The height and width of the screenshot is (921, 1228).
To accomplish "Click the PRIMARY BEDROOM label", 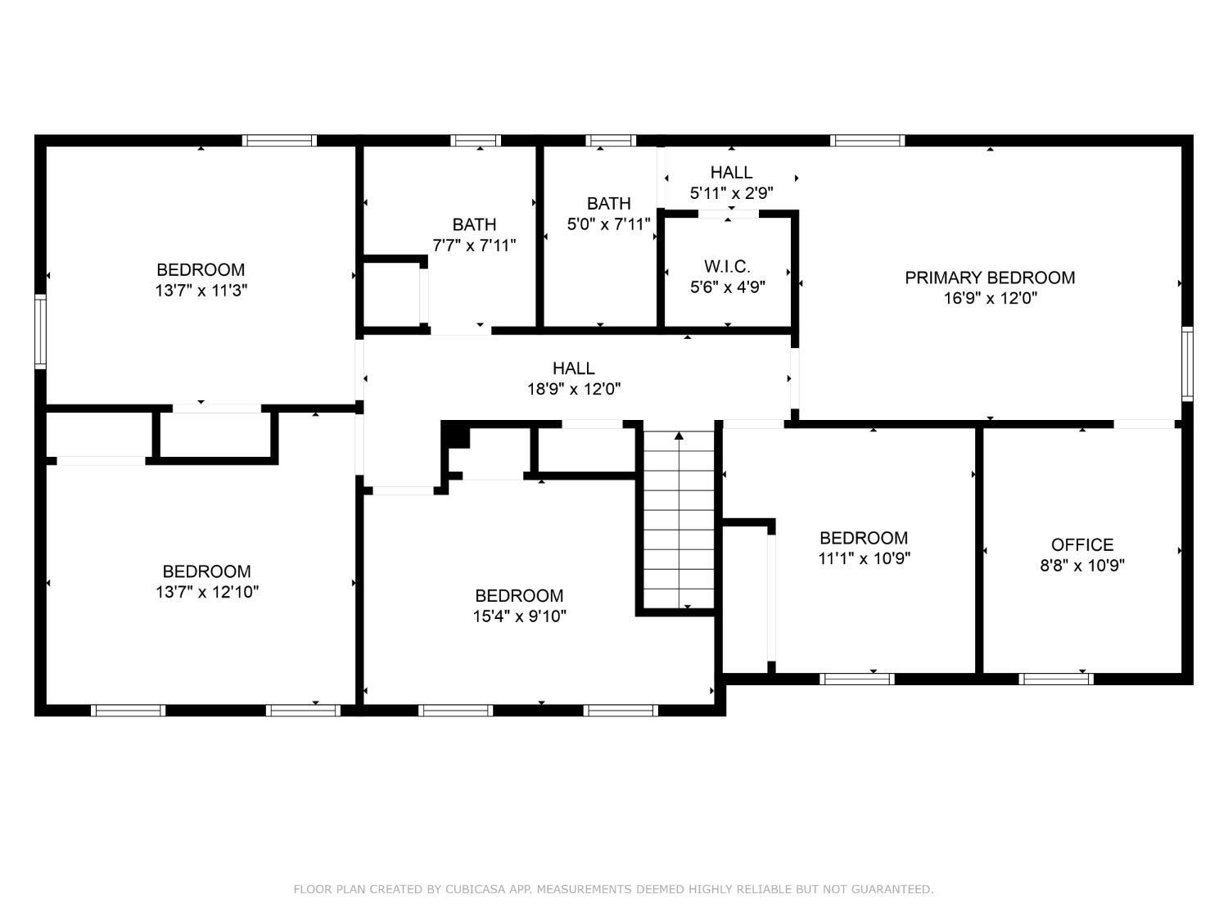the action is tap(989, 278).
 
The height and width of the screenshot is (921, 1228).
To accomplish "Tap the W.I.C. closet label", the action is tap(727, 266).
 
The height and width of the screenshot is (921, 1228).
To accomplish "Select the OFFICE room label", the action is tap(1081, 544).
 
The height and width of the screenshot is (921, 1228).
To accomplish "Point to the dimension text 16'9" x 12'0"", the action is tap(990, 298).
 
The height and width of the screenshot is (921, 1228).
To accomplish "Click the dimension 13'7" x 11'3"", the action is tap(201, 291).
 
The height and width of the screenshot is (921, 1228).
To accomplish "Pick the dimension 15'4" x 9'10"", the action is tap(519, 616).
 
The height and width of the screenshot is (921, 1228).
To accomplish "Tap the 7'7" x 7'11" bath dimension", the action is tap(474, 246).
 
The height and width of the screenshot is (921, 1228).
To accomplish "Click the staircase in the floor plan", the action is tap(679, 520).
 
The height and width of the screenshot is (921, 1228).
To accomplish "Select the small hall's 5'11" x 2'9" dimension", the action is tap(731, 193).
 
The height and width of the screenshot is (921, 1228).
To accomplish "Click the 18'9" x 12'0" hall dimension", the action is tap(573, 389).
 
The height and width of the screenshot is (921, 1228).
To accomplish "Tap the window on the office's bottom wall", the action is tap(1055, 679).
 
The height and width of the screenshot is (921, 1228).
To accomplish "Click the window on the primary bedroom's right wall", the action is tap(1186, 364).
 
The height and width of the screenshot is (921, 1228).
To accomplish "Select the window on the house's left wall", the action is tap(40, 332).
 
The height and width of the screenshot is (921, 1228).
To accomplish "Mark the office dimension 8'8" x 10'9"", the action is tap(1081, 566).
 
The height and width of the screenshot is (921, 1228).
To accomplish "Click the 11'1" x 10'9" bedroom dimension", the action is tap(864, 558).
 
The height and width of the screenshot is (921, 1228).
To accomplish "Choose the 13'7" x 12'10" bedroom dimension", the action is tap(207, 592).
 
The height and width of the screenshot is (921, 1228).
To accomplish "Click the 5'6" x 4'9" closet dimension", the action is tap(727, 287).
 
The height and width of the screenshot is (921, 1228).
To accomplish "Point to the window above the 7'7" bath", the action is tap(476, 140).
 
